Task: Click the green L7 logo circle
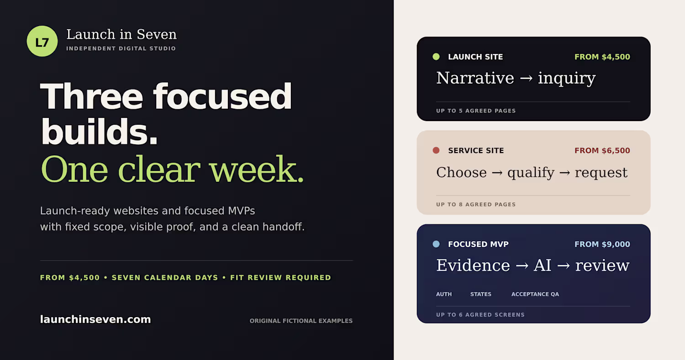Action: click(42, 41)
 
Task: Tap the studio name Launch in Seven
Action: click(121, 34)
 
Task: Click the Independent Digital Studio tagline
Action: click(121, 48)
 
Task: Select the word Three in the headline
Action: click(91, 97)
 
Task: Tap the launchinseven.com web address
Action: click(95, 319)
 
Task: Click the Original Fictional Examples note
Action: click(301, 321)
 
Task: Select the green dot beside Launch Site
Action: click(436, 57)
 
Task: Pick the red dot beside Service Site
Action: click(436, 150)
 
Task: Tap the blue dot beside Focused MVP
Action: click(436, 244)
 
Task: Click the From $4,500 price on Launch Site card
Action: click(602, 57)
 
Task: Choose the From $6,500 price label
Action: click(602, 150)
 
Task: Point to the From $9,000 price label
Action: click(602, 244)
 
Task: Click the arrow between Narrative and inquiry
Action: click(526, 79)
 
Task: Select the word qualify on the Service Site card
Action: click(531, 173)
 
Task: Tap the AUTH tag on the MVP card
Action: click(444, 294)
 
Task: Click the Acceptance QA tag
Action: click(535, 294)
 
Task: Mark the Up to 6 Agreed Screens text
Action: click(480, 315)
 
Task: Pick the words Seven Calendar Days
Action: click(165, 277)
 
